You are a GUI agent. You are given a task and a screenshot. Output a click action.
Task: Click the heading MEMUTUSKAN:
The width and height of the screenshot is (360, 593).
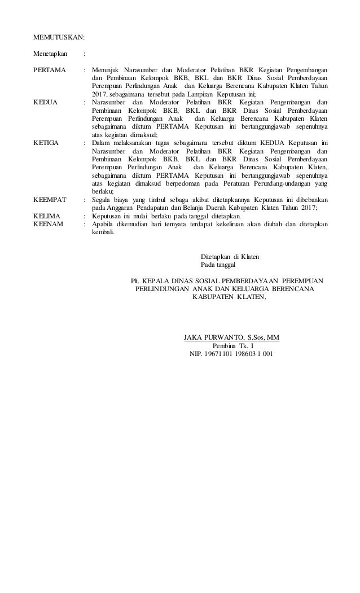coord(59,37)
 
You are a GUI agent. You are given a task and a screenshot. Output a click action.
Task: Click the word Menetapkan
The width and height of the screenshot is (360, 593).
coord(50,54)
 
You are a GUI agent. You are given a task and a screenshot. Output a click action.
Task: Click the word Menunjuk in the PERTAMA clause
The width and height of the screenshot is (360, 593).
coord(105,71)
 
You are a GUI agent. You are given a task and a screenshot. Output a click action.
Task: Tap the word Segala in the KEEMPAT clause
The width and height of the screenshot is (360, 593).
coord(102,200)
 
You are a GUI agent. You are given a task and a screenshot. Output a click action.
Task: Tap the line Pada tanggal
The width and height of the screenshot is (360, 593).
coord(219,264)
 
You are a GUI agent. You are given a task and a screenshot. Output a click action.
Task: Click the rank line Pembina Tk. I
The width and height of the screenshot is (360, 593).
coord(231,346)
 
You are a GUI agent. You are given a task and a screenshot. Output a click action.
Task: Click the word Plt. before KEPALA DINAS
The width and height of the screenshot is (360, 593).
coord(135,280)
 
